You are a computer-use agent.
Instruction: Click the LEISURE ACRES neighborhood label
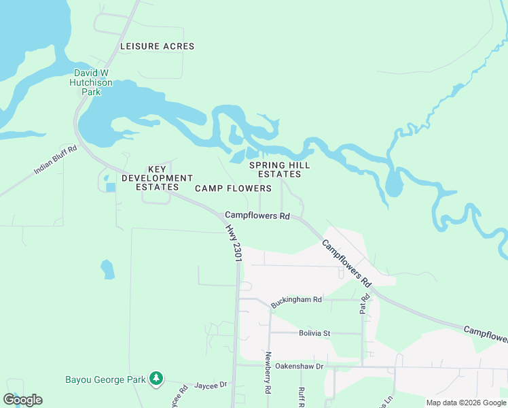tap(157, 46)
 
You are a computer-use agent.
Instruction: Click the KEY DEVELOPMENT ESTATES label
tap(152, 178)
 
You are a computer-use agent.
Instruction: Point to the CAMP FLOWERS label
tap(233, 188)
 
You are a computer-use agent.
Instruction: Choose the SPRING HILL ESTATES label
tap(279, 169)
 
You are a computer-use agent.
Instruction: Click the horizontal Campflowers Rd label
tap(257, 216)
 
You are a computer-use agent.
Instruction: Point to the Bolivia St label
tap(314, 333)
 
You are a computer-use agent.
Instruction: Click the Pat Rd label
tap(364, 303)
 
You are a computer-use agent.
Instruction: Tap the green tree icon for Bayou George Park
tap(157, 377)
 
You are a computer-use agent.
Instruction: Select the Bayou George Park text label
tap(105, 379)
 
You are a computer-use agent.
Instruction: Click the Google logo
tap(22, 400)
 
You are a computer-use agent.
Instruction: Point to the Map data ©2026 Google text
tap(465, 403)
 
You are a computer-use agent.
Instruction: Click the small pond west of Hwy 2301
tap(107, 269)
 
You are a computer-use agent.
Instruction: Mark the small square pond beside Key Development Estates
tap(111, 187)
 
